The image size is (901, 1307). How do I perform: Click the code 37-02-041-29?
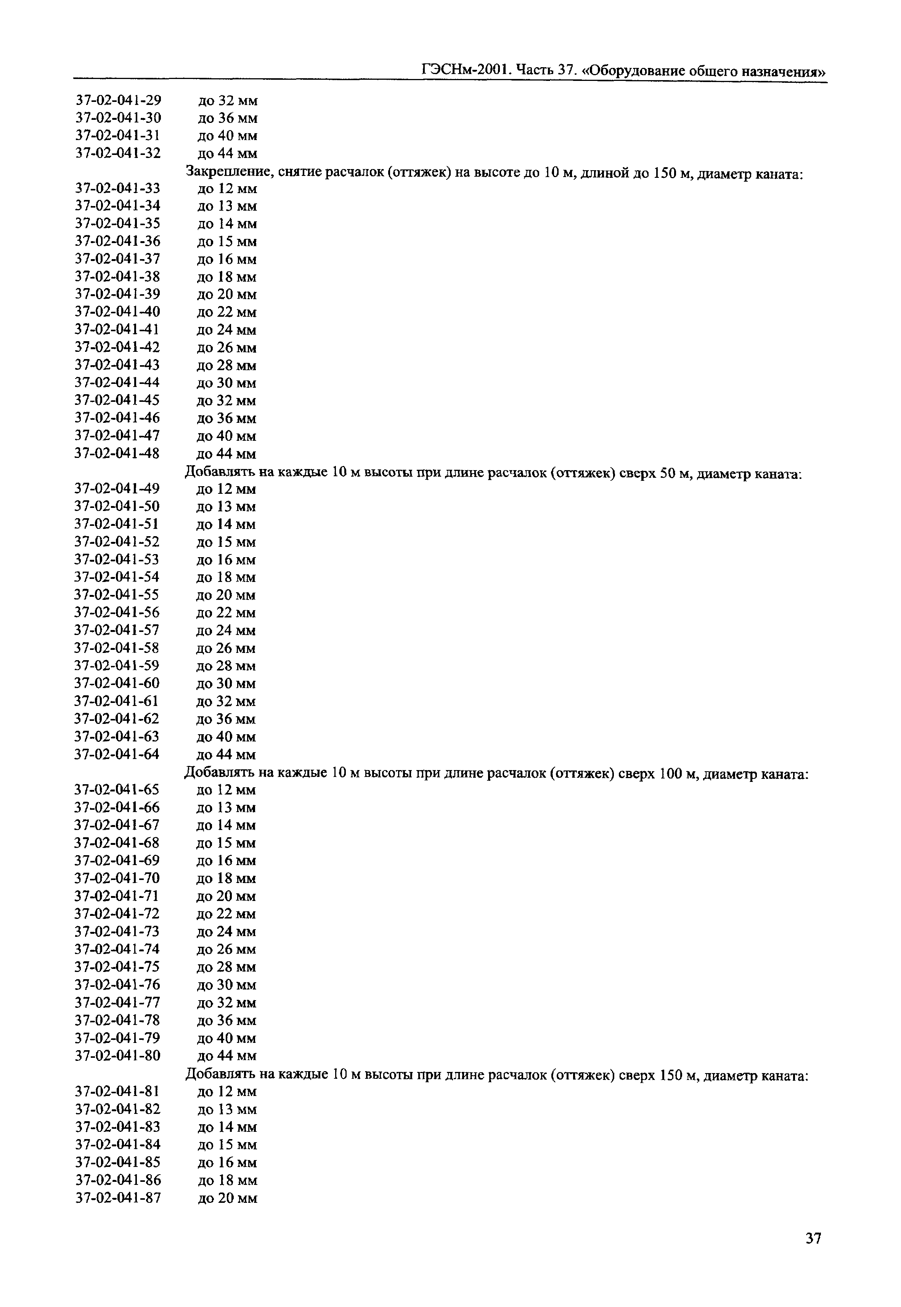pos(119,100)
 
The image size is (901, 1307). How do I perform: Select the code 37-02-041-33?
pos(118,188)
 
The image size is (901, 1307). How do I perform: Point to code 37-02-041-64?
pos(117,754)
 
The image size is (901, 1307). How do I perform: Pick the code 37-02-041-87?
pos(118,1197)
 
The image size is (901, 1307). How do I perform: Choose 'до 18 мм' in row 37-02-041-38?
pos(227,277)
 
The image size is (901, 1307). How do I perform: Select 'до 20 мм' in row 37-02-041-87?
pos(228,1198)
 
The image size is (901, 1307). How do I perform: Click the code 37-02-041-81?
pos(118,1091)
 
